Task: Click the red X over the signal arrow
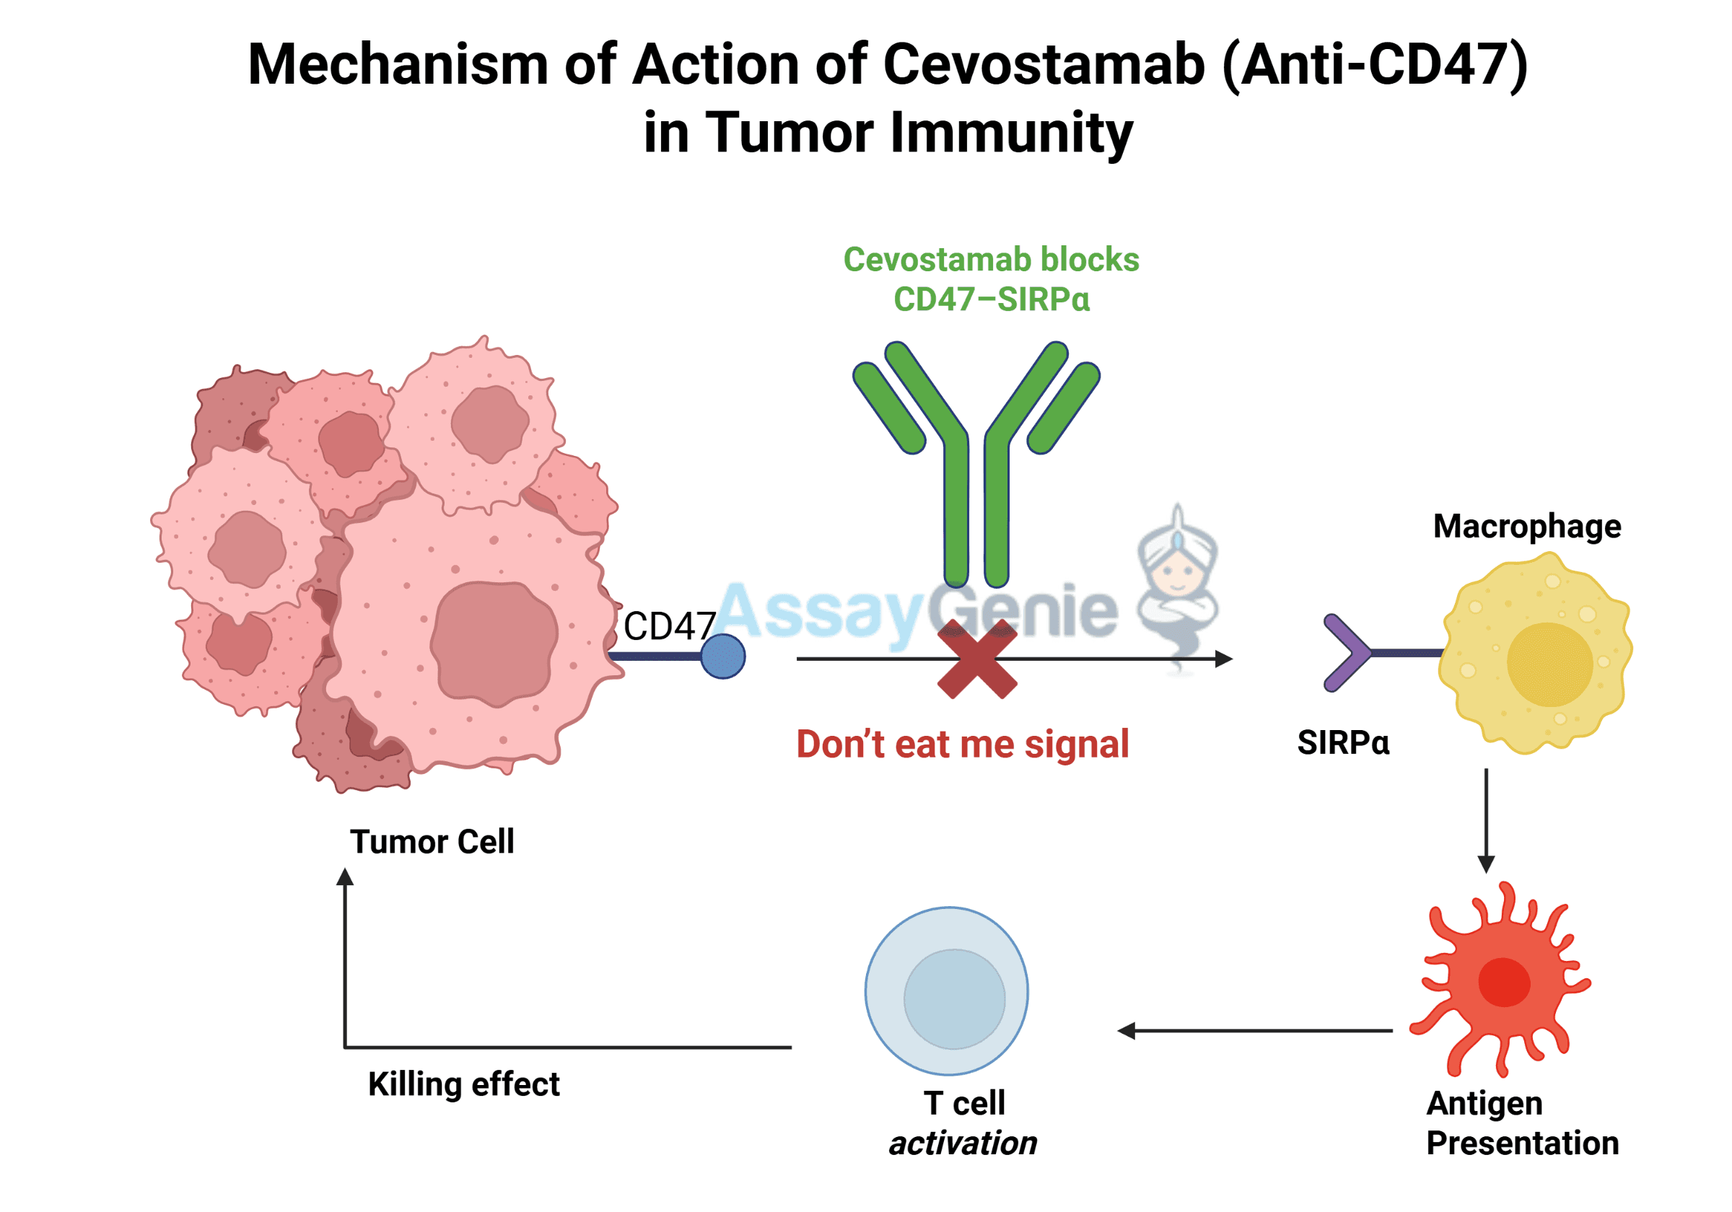(x=977, y=659)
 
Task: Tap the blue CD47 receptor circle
(x=722, y=656)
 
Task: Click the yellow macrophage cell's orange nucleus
(x=1549, y=664)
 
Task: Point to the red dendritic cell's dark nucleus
(x=1503, y=982)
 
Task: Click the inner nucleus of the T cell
(x=954, y=998)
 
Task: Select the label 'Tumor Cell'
(x=432, y=842)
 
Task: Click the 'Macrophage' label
(x=1526, y=527)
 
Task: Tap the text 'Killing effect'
(x=463, y=1084)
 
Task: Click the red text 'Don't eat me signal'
(x=963, y=745)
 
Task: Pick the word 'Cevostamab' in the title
(x=1044, y=65)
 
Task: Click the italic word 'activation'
(x=963, y=1143)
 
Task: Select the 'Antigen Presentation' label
(x=1521, y=1123)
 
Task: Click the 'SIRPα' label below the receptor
(x=1343, y=743)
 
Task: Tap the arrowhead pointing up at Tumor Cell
(x=345, y=877)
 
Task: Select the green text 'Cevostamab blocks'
(x=990, y=260)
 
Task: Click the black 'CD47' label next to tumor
(x=669, y=626)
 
